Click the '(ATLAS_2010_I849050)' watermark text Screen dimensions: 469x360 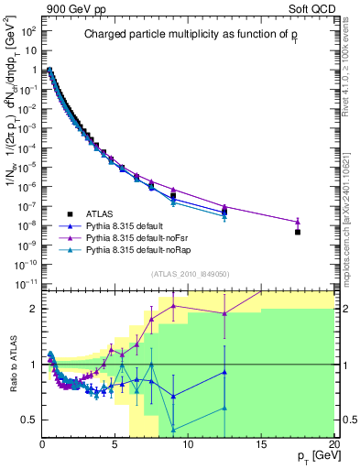coord(189,272)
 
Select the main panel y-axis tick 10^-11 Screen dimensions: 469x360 coord(27,284)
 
